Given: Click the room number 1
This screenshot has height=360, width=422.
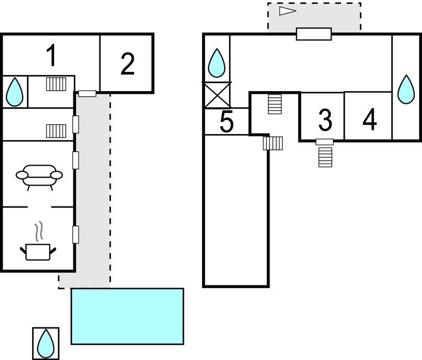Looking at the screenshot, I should tap(51, 56).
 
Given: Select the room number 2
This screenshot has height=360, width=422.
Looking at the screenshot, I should tap(128, 65).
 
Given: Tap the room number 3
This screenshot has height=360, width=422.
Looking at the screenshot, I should tap(325, 119).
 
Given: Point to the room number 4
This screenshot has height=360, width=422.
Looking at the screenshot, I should tap(370, 119).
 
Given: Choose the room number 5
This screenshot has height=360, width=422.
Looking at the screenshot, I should tap(227, 123).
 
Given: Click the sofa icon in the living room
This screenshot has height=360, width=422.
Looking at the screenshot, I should tap(39, 177).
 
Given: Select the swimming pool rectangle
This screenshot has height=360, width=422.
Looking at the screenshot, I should tap(127, 316).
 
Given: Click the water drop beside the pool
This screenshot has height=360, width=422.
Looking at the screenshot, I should tap(45, 343).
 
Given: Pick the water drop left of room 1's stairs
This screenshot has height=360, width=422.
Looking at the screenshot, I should tap(15, 92).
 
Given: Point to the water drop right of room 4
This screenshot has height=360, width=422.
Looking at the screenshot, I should tap(407, 89).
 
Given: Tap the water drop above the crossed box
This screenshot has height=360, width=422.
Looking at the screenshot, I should tap(217, 63).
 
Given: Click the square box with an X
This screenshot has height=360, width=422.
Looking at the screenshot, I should tap(217, 94).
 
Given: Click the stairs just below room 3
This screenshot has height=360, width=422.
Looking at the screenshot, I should tap(326, 157).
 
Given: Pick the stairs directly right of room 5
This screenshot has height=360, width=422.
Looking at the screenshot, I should tap(273, 143).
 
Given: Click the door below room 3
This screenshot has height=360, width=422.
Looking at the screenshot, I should tap(325, 142).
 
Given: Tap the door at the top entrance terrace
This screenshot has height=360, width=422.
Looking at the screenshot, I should tap(314, 34).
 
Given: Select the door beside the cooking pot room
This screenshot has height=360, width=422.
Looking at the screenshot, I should tap(76, 234).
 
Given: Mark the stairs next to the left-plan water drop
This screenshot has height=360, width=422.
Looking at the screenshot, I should tap(56, 84).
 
